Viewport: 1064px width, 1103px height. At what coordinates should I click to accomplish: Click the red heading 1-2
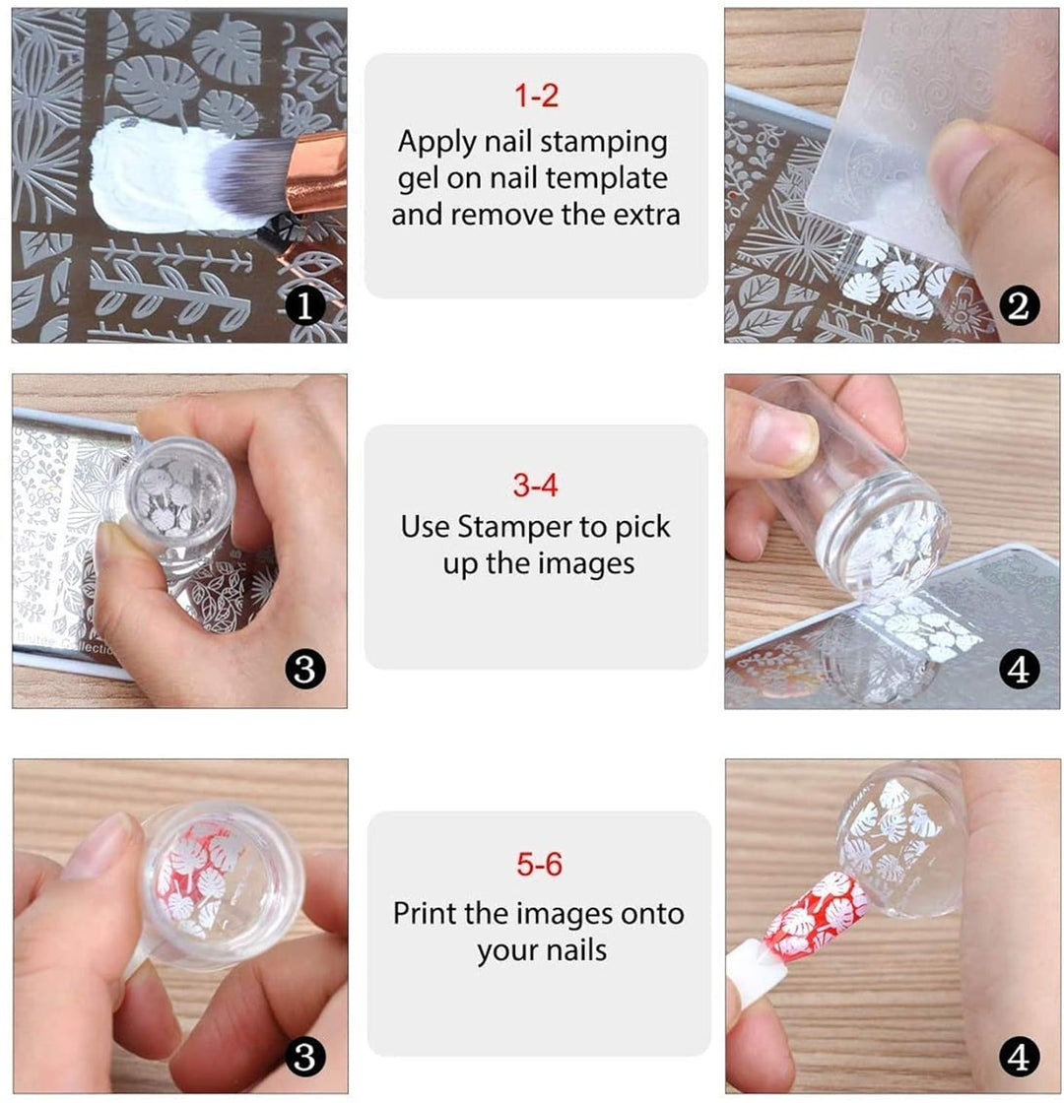click(536, 97)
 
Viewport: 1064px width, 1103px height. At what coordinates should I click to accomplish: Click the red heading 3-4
click(536, 485)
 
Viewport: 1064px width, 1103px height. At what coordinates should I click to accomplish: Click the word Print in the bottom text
click(424, 913)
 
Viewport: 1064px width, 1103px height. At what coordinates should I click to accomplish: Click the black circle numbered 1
click(304, 306)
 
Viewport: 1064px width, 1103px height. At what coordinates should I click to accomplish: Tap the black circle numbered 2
click(1019, 306)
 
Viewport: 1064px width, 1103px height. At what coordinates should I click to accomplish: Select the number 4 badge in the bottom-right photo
click(1019, 1059)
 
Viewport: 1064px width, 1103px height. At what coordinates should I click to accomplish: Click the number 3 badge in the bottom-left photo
click(304, 1059)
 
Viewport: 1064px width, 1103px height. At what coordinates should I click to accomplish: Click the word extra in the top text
click(644, 214)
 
